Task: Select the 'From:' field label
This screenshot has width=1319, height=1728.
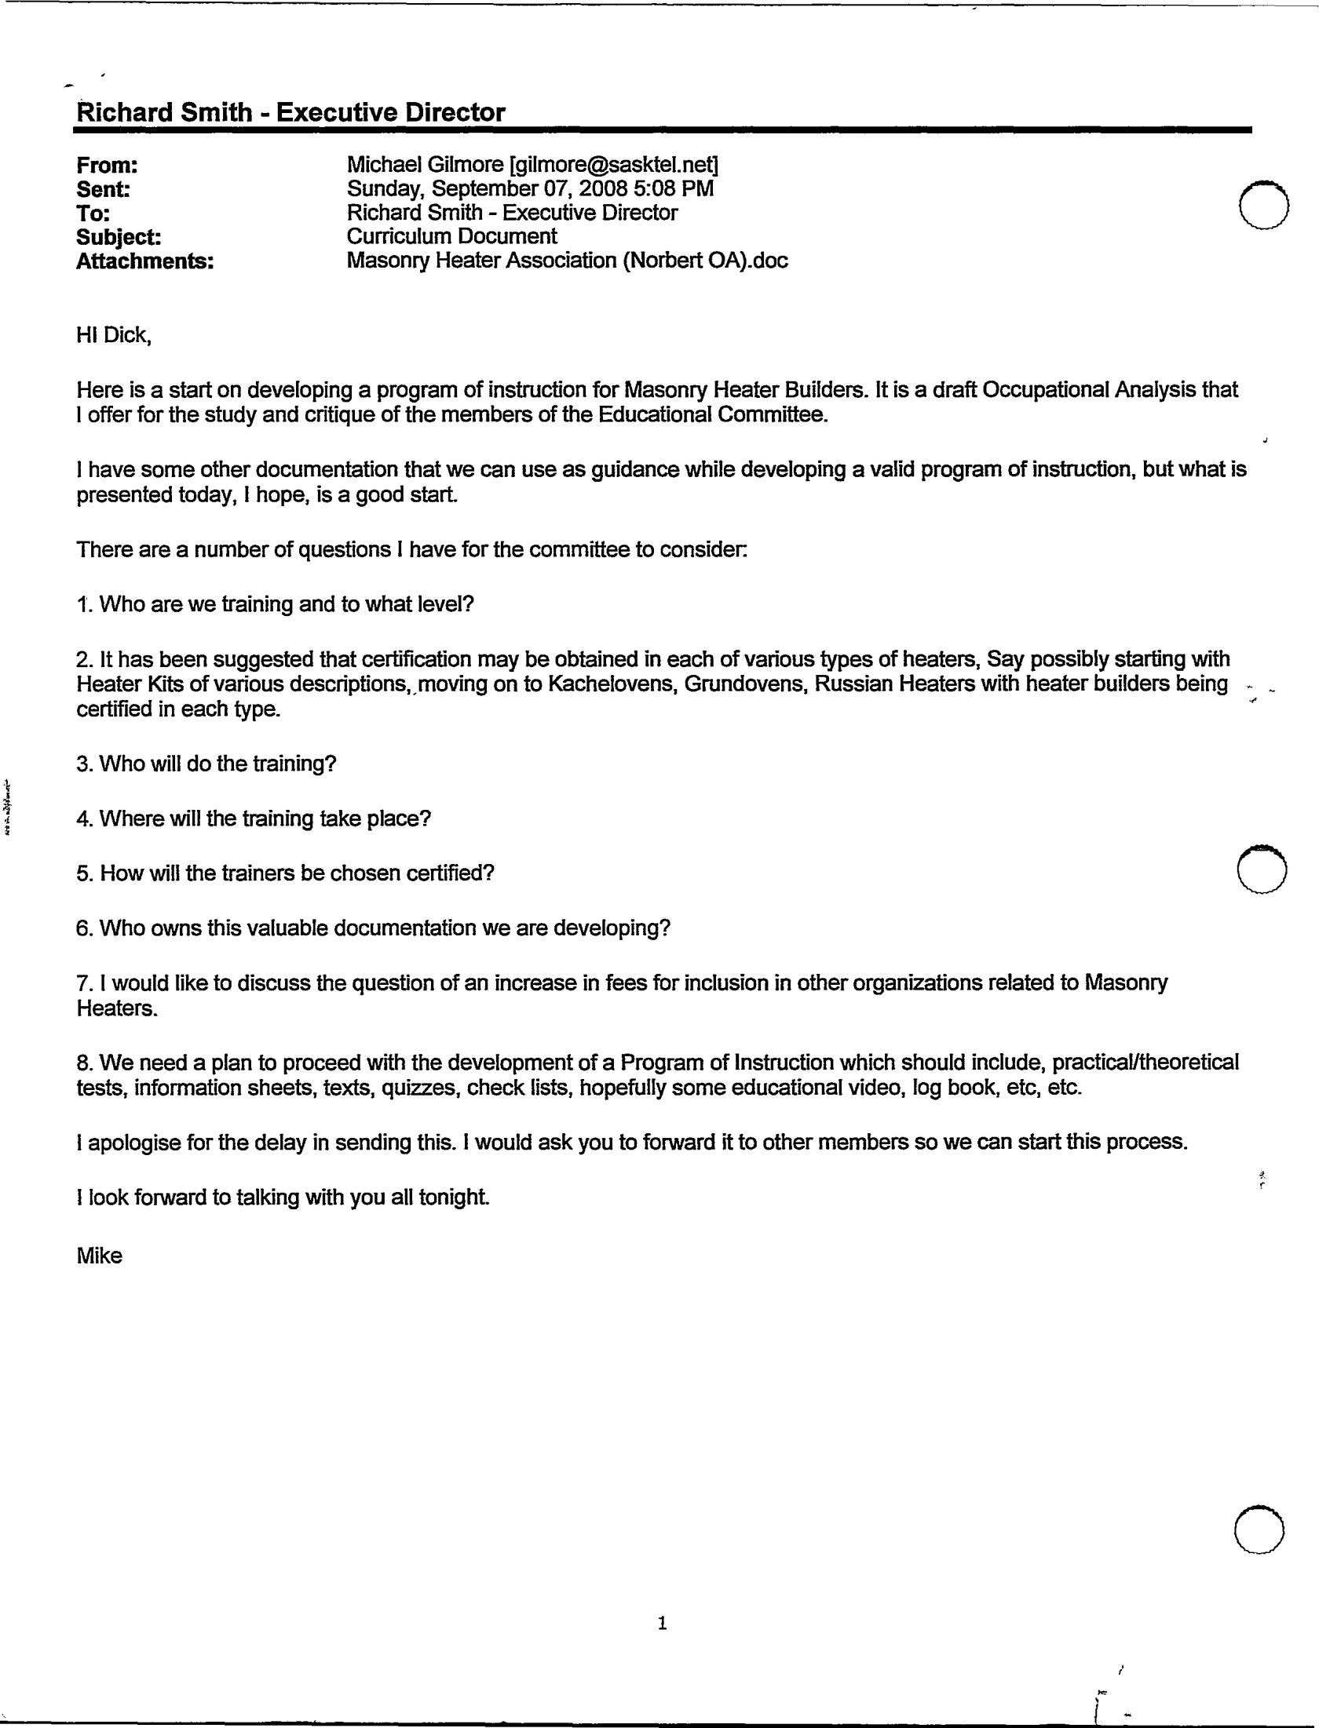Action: [107, 166]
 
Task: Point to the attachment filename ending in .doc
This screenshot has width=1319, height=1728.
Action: [567, 261]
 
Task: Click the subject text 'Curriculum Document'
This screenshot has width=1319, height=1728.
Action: [451, 236]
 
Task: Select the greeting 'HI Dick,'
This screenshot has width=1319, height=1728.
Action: [113, 336]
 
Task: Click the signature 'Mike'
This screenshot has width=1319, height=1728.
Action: [99, 1256]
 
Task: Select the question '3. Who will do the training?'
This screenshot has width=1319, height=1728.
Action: [206, 764]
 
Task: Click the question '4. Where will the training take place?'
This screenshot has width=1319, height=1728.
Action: [254, 818]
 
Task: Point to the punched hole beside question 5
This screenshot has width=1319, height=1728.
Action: [1261, 869]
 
